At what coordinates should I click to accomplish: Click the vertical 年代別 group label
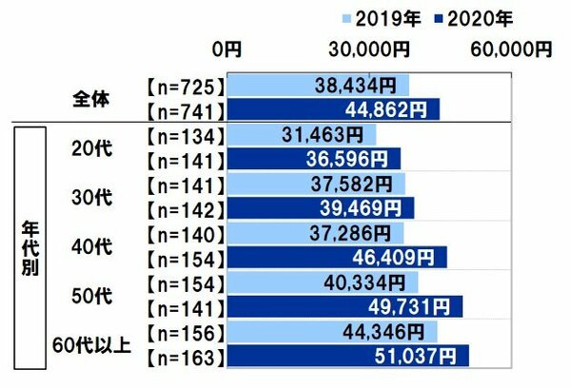pos(30,248)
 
